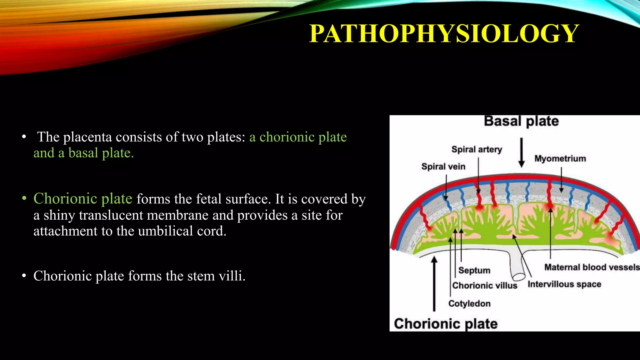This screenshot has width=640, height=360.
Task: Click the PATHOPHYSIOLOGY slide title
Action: coord(444,33)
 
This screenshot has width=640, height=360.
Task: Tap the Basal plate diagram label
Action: coord(521,121)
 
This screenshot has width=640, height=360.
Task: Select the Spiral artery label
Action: coord(477,149)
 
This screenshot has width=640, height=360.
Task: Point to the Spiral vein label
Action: coord(443,167)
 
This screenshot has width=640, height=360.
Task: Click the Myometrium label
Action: coord(560,158)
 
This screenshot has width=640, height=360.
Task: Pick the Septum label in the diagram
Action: coord(474,270)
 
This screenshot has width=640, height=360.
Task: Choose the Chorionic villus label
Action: coord(485,286)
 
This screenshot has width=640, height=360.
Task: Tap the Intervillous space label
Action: coord(564,284)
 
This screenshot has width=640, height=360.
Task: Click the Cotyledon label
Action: coord(469,303)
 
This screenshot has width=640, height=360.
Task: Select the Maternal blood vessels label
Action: coord(592,267)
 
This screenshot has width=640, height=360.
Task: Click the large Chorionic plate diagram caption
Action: coord(446,324)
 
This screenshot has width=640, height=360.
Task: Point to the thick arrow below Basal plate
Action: coord(521,153)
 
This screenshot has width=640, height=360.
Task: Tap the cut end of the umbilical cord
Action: coord(519,277)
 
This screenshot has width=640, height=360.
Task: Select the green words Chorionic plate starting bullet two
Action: coord(83,199)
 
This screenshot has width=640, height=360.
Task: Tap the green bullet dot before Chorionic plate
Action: coord(24,199)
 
